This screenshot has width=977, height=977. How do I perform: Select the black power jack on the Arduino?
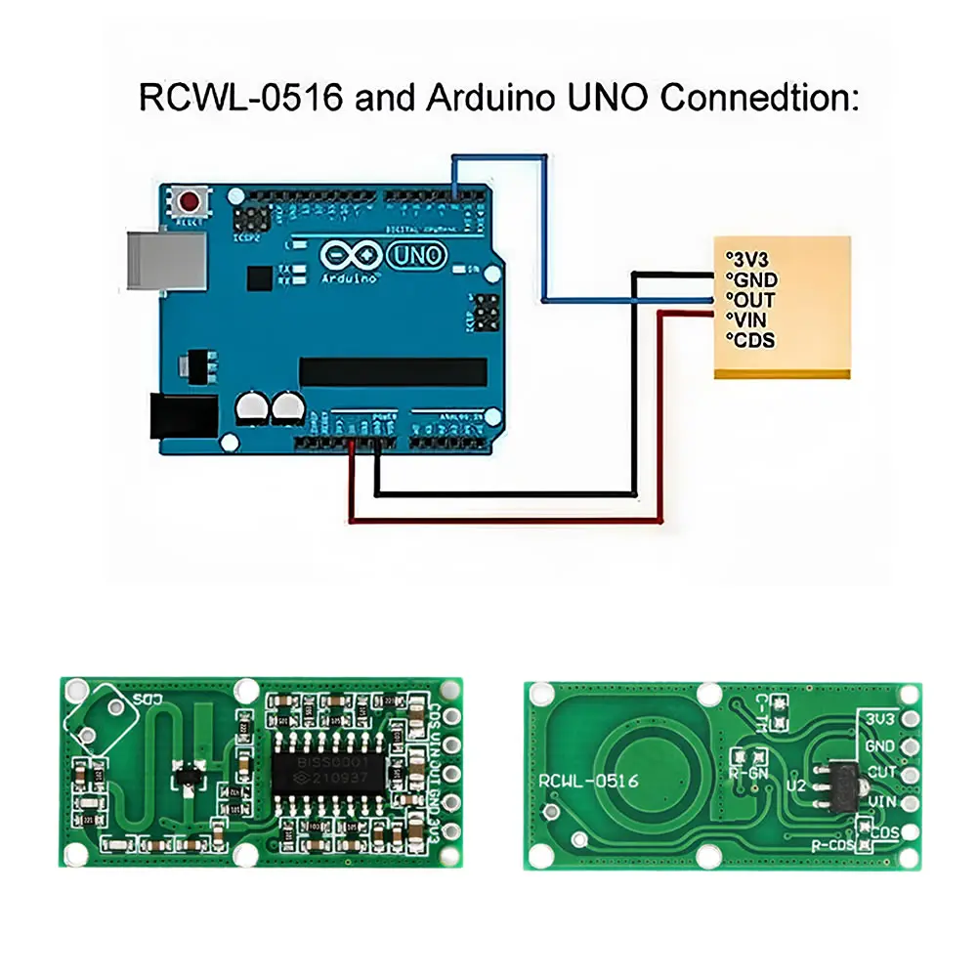[x=183, y=414]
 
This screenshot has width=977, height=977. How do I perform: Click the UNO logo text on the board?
[x=417, y=256]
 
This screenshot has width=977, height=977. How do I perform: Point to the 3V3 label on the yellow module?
[x=749, y=259]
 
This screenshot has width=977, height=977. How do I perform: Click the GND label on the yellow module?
[x=752, y=279]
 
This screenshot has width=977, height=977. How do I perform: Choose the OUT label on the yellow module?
[x=752, y=299]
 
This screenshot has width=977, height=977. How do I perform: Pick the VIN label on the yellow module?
[x=750, y=319]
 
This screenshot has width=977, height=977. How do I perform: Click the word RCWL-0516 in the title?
[x=241, y=100]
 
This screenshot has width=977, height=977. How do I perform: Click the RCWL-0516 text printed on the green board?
[x=588, y=781]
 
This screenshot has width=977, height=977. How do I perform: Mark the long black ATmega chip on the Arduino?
[x=393, y=371]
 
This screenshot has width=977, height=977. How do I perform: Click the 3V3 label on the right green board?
[x=880, y=718]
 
